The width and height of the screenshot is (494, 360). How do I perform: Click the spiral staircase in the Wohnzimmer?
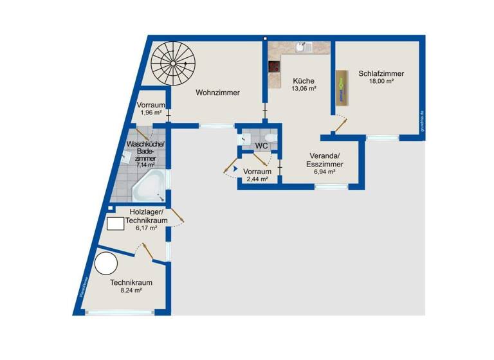[173, 62]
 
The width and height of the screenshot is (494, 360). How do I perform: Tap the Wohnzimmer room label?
[218, 93]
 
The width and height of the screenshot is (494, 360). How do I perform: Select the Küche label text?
[304, 81]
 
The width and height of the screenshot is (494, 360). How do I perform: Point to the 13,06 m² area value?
[304, 89]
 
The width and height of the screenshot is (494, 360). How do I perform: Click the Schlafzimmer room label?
[381, 73]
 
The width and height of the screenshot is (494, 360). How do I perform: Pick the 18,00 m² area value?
[381, 82]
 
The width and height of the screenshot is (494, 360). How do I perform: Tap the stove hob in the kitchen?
[274, 66]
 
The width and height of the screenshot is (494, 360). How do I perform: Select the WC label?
[261, 146]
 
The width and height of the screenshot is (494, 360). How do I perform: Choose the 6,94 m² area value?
[324, 172]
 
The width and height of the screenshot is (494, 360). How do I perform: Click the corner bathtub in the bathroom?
[150, 186]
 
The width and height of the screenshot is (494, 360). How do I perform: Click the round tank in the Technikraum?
[105, 264]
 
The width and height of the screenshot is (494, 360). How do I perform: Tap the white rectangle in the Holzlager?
[115, 224]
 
